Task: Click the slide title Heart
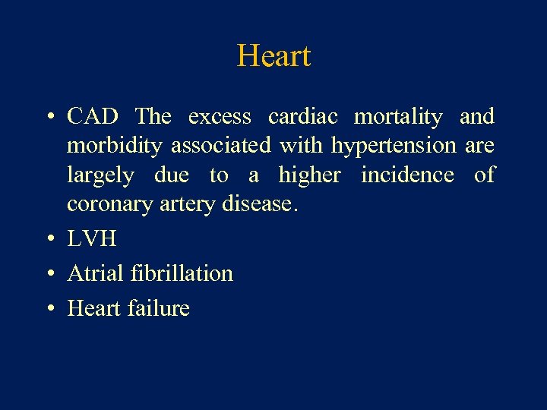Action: [273, 56]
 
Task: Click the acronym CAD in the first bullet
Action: [93, 117]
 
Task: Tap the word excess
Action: [220, 117]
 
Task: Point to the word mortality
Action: [398, 118]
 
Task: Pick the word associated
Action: [221, 146]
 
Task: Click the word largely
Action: [100, 176]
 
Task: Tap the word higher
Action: [309, 176]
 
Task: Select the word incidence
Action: [407, 175]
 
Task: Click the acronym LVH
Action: [92, 238]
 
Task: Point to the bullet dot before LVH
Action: [49, 240]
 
